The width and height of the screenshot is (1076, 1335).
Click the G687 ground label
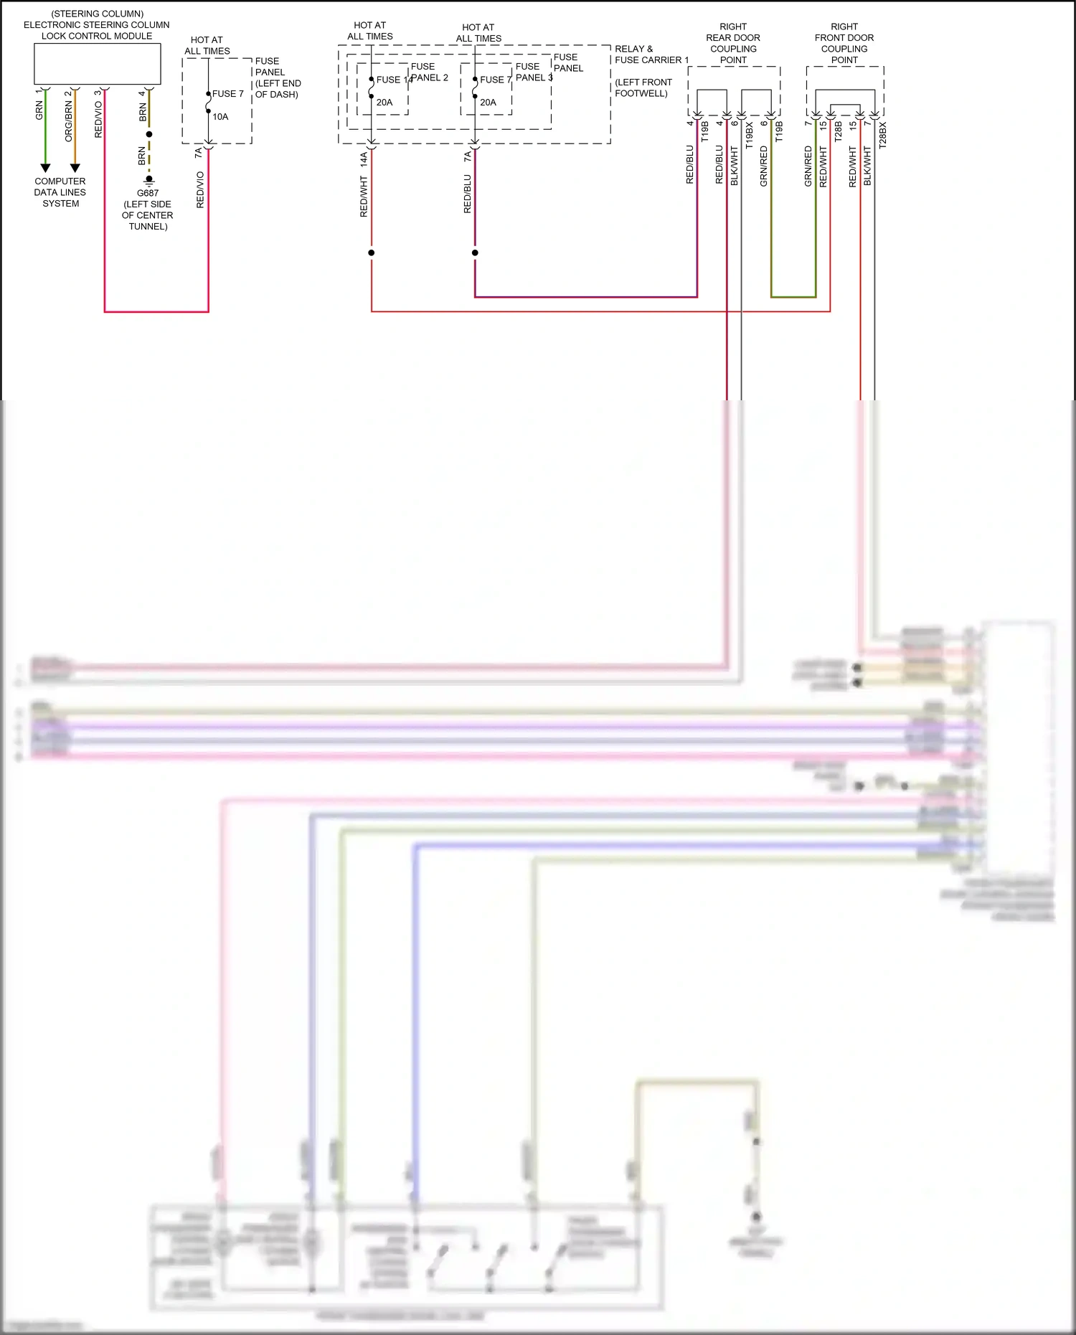148,193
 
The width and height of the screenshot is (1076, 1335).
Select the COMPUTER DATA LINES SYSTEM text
60,192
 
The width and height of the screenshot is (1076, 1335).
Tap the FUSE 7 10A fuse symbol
208,103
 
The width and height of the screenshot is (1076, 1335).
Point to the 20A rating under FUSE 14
384,103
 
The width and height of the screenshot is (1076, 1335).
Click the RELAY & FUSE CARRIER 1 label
651,55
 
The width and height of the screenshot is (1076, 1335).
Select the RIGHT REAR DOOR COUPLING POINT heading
733,43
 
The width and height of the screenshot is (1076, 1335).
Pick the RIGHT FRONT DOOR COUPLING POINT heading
844,43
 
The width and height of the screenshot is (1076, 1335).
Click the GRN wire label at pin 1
39,110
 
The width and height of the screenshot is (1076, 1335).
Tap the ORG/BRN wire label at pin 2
69,121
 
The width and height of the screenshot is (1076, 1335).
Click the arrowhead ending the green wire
45,168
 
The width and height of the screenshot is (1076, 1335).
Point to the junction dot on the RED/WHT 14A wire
372,253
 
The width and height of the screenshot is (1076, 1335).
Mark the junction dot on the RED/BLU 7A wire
475,253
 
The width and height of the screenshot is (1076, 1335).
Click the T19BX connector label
750,135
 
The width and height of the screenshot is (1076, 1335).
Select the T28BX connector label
883,135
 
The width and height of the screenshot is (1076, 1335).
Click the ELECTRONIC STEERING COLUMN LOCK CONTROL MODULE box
98,64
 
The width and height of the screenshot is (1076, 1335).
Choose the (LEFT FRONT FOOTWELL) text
643,88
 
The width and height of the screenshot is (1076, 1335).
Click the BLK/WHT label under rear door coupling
735,166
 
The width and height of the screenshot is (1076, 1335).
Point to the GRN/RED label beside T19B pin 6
764,166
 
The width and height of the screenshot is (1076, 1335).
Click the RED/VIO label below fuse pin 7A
200,189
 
